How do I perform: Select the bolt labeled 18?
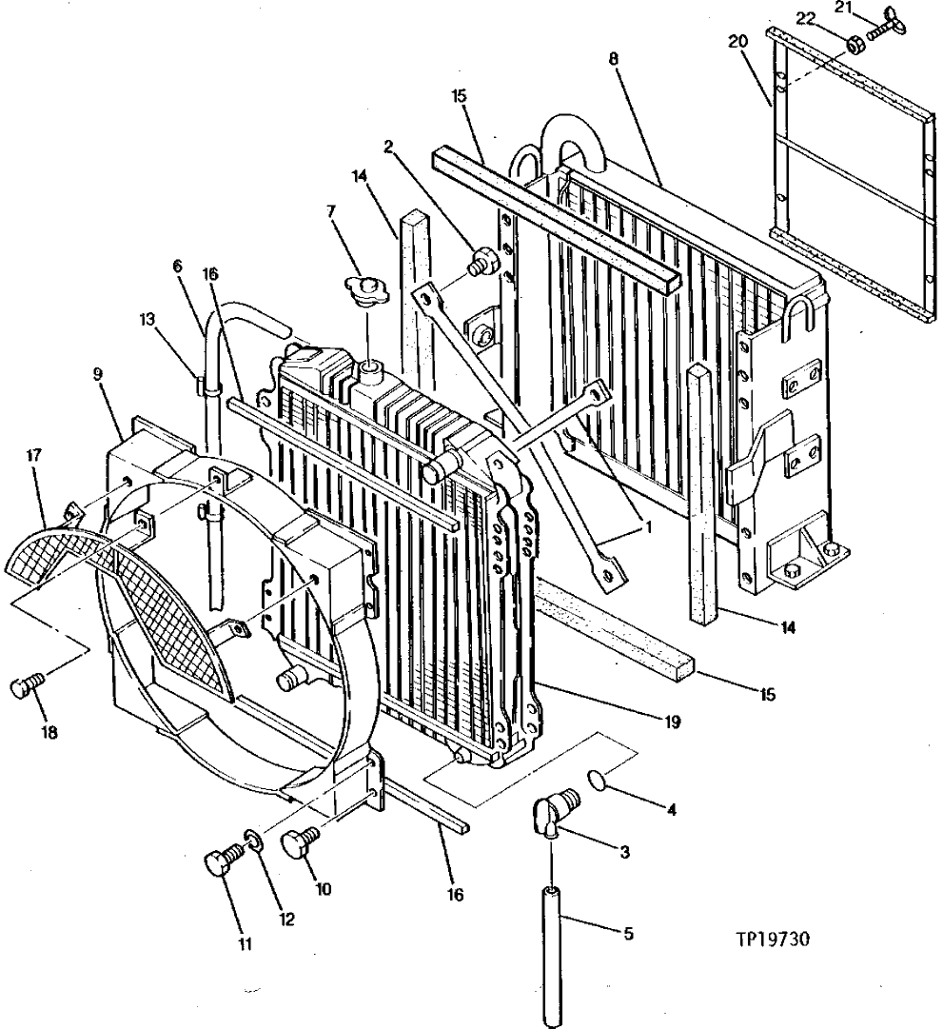click(x=29, y=688)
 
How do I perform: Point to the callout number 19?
click(x=673, y=722)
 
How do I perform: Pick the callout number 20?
click(x=740, y=41)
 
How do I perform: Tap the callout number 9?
click(x=99, y=375)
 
